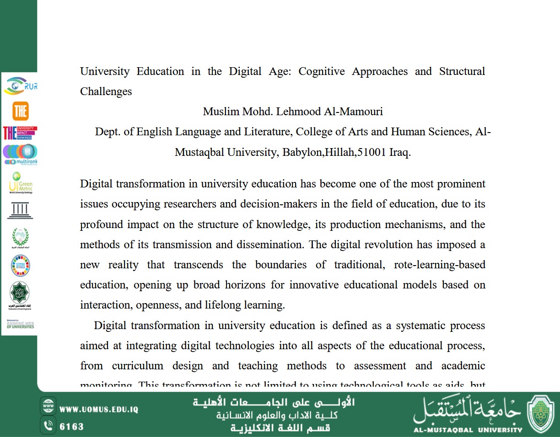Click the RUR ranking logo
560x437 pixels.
(20, 86)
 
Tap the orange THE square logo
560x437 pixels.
(20, 111)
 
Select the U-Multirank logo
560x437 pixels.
(20, 155)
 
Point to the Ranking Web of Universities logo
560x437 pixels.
(20, 324)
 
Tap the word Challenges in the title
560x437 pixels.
(106, 91)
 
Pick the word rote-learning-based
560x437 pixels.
(439, 265)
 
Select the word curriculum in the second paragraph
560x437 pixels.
(137, 366)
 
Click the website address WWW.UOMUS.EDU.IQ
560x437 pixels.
(99, 410)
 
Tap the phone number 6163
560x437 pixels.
(72, 427)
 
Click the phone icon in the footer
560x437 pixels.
(48, 426)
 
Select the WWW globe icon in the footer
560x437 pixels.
(48, 406)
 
